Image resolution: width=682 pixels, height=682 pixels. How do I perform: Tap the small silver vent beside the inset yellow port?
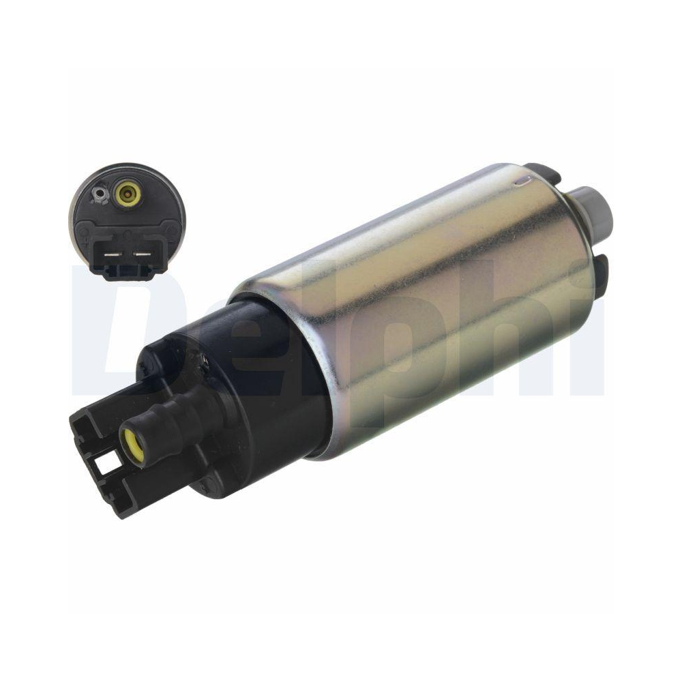click(x=100, y=193)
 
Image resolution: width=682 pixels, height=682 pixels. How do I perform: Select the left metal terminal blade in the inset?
click(x=113, y=254)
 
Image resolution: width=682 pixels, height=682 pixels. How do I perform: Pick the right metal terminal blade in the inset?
click(x=141, y=254)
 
